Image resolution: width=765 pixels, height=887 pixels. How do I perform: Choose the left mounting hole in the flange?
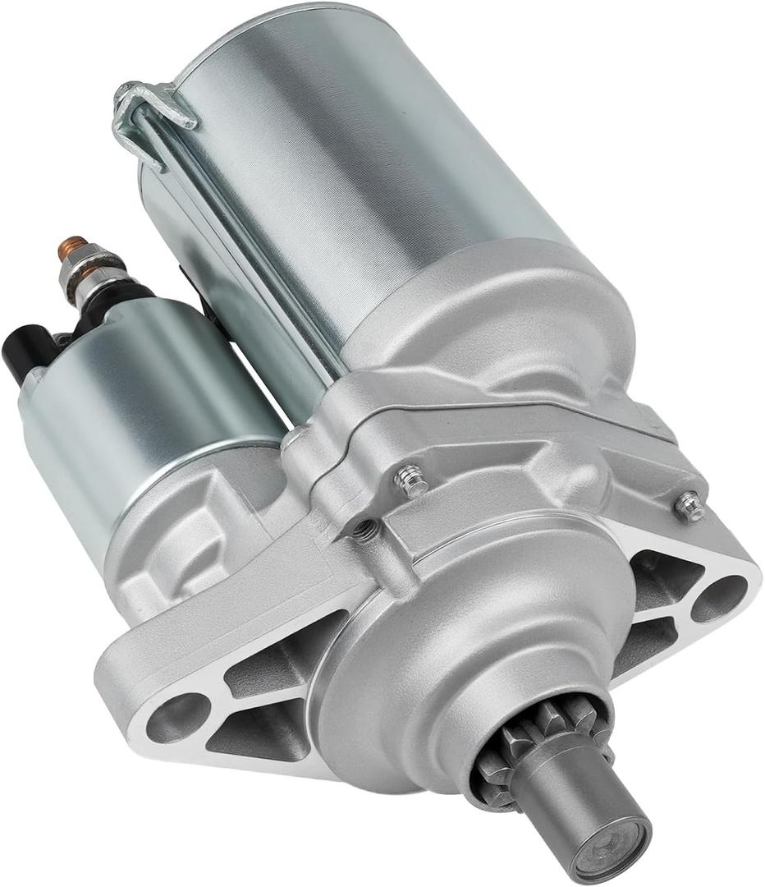pyautogui.click(x=176, y=713)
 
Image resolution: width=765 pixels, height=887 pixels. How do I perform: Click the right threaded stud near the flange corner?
pyautogui.click(x=690, y=506)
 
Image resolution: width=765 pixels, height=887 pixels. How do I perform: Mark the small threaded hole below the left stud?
pyautogui.click(x=368, y=531)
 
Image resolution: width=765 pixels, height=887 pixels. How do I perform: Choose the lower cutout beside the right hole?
pyautogui.click(x=648, y=641)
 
